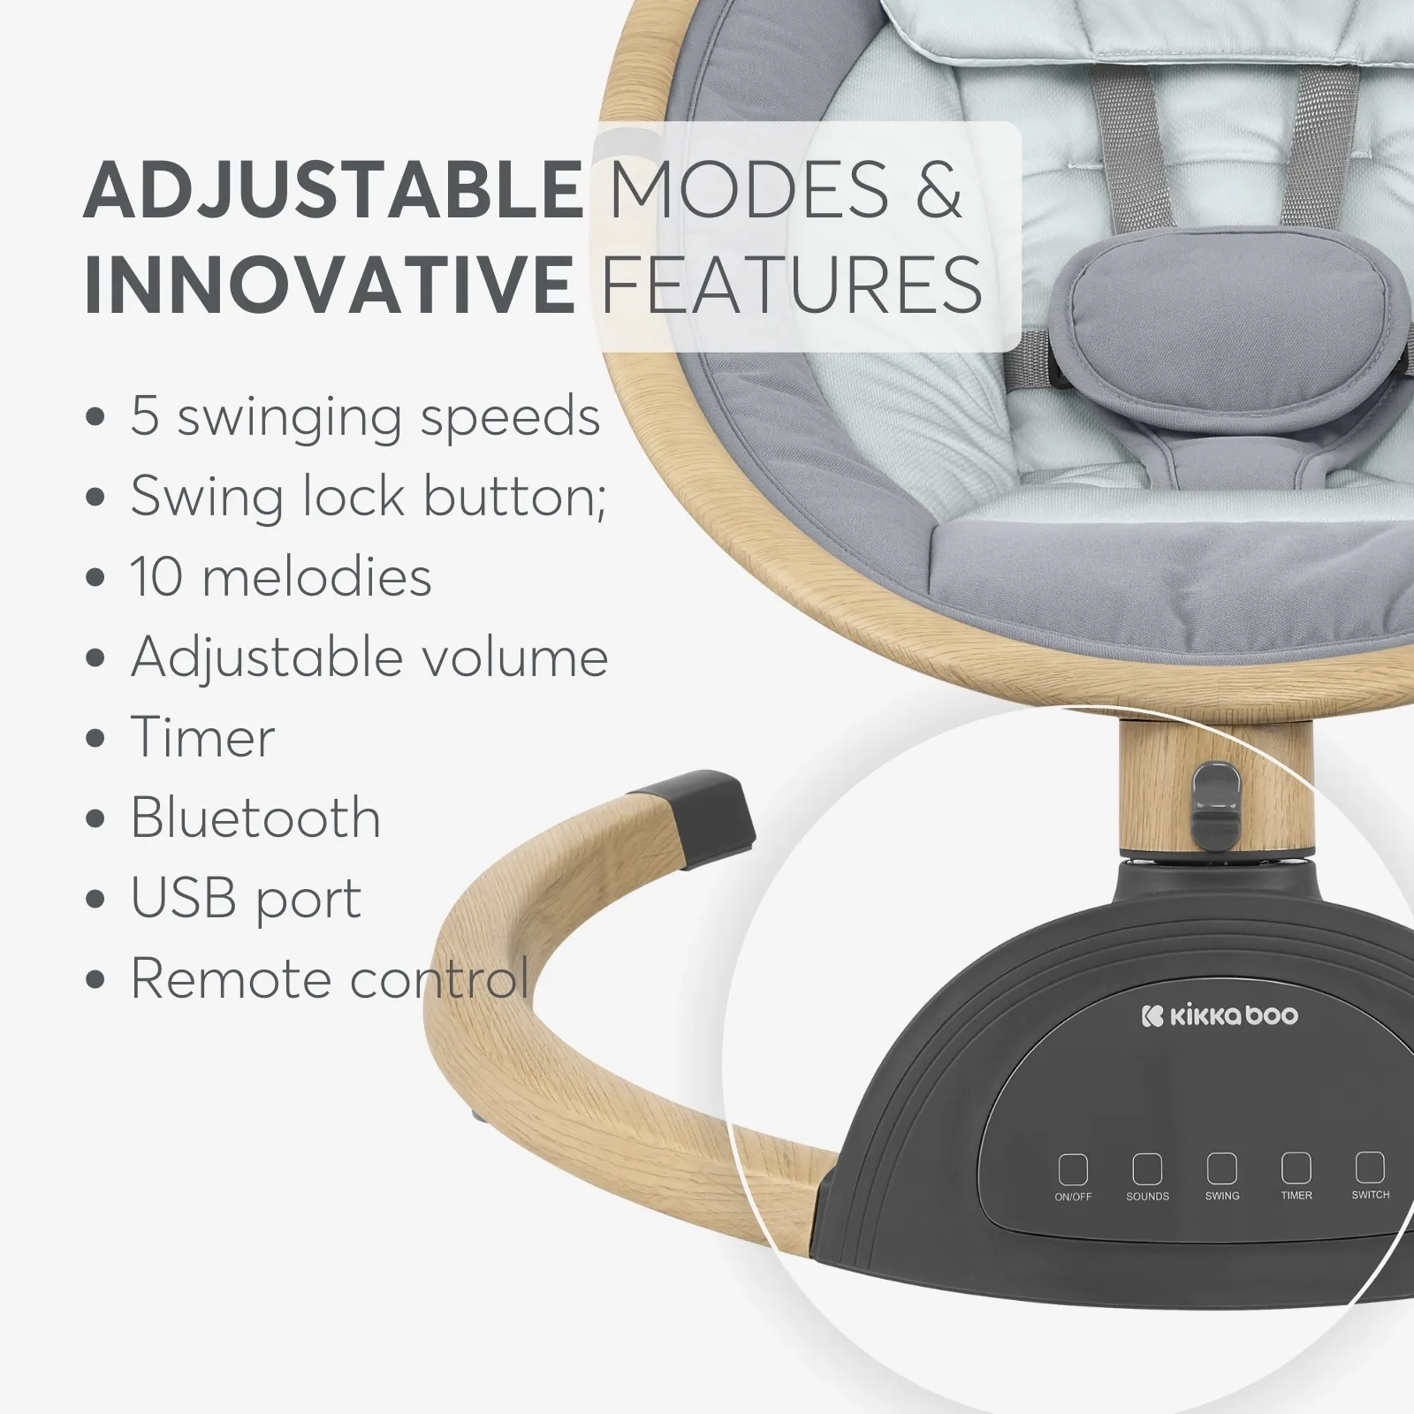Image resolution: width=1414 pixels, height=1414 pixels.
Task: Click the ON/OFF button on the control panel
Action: [1073, 1169]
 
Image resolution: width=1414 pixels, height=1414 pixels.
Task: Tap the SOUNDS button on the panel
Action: [1147, 1168]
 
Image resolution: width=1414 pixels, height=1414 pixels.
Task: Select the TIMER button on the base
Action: [1296, 1167]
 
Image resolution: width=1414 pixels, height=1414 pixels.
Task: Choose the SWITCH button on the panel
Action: [1371, 1167]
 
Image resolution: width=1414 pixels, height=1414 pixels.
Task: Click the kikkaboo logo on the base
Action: [1220, 1015]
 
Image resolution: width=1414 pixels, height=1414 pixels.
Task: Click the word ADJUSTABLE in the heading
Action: [332, 188]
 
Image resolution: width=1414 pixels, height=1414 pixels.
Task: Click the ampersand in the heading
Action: [938, 189]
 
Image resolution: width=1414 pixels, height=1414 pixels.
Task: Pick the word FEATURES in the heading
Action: [792, 284]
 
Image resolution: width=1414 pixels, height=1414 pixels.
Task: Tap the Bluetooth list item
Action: [255, 817]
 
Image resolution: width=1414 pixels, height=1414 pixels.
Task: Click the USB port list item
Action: [247, 899]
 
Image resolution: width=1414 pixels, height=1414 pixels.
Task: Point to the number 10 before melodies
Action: [156, 577]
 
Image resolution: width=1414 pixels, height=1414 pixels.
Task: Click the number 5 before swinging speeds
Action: [145, 417]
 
